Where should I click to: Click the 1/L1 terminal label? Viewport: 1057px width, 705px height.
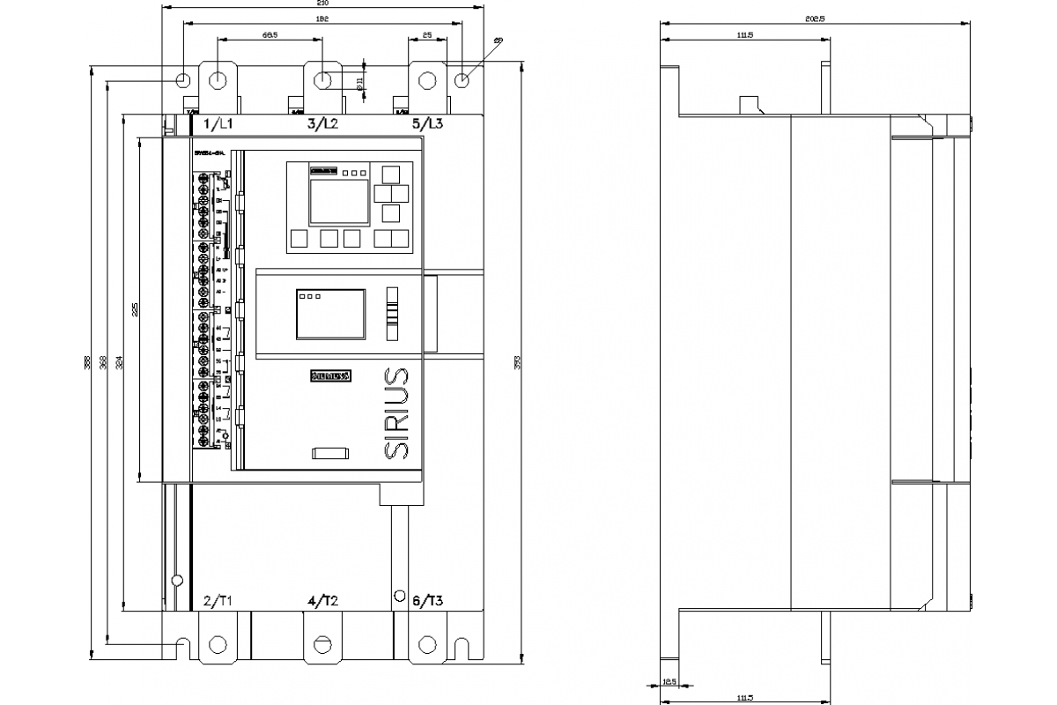tap(218, 123)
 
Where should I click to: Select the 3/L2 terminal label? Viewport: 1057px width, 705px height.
tap(322, 123)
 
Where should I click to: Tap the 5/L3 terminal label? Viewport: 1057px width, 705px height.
tap(428, 123)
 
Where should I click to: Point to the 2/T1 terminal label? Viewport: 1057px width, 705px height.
tap(218, 601)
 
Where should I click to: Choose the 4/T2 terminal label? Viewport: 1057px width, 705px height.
tap(322, 601)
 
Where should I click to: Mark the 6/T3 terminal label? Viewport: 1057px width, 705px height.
tap(428, 601)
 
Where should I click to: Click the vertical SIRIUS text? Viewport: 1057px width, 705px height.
tap(397, 412)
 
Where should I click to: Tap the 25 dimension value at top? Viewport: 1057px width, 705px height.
tap(427, 35)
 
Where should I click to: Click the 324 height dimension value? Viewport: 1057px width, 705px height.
tap(119, 361)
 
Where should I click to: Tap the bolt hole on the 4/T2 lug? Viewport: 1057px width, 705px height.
tap(322, 644)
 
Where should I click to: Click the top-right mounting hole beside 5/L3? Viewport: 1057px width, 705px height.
tap(462, 80)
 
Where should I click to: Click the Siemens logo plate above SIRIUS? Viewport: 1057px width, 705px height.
tap(330, 376)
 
